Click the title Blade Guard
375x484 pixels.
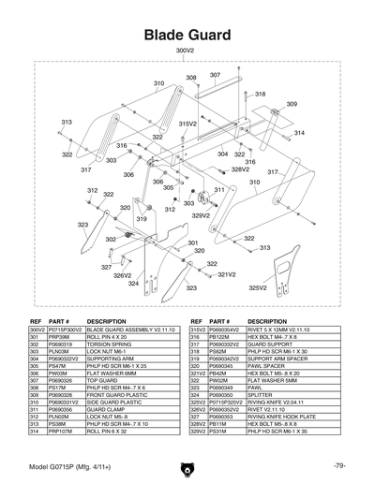[187, 35]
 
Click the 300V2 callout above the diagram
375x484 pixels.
[185, 51]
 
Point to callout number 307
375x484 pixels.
[215, 75]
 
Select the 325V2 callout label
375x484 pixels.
[257, 288]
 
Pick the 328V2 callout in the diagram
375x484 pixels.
[241, 169]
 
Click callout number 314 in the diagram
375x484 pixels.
[300, 133]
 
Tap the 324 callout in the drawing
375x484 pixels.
[133, 283]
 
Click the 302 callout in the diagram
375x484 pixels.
[111, 241]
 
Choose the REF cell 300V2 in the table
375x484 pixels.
[37, 330]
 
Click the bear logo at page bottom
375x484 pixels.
[187, 466]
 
